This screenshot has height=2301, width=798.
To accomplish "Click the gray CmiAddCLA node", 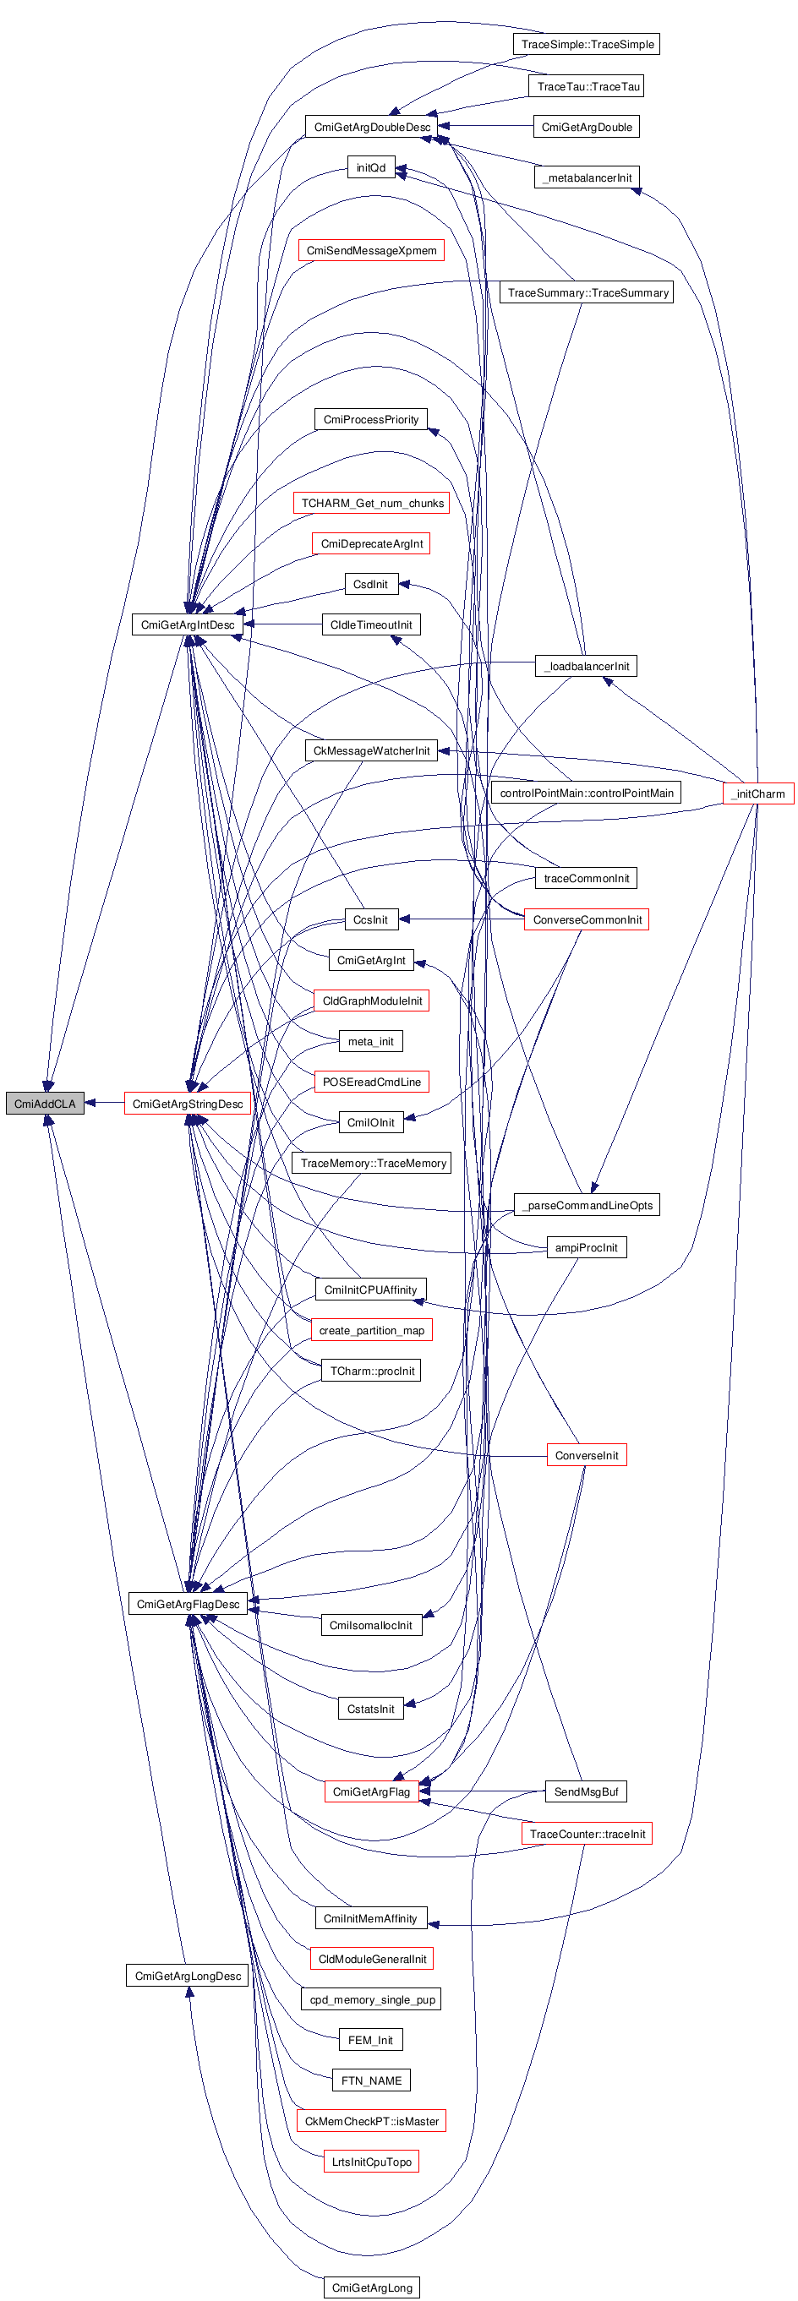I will pos(45,1103).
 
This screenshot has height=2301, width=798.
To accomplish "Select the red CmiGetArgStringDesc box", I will pos(188,1103).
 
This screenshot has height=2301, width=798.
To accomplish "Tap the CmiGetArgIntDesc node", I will pos(188,624).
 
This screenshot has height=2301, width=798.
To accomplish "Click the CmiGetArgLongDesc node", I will pos(188,1975).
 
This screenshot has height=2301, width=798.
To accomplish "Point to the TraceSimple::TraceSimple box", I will pos(588,44).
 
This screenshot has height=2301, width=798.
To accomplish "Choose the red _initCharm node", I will pos(757,793).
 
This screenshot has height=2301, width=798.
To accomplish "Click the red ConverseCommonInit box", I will pos(588,919).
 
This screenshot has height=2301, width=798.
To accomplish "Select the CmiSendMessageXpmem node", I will pos(371,250).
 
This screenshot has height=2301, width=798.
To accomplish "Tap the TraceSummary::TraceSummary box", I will pos(588,292).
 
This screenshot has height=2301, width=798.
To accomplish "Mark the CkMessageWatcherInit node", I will pos(371,750).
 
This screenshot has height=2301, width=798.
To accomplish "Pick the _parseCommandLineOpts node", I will pos(588,1205).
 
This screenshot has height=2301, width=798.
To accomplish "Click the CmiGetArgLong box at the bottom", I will pos(372,2287).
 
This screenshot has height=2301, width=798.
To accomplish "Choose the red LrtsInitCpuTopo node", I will pos(371,2162).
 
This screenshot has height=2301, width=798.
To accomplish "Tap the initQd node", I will pos(371,167).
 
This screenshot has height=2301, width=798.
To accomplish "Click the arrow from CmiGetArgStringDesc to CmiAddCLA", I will pos(104,1103).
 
